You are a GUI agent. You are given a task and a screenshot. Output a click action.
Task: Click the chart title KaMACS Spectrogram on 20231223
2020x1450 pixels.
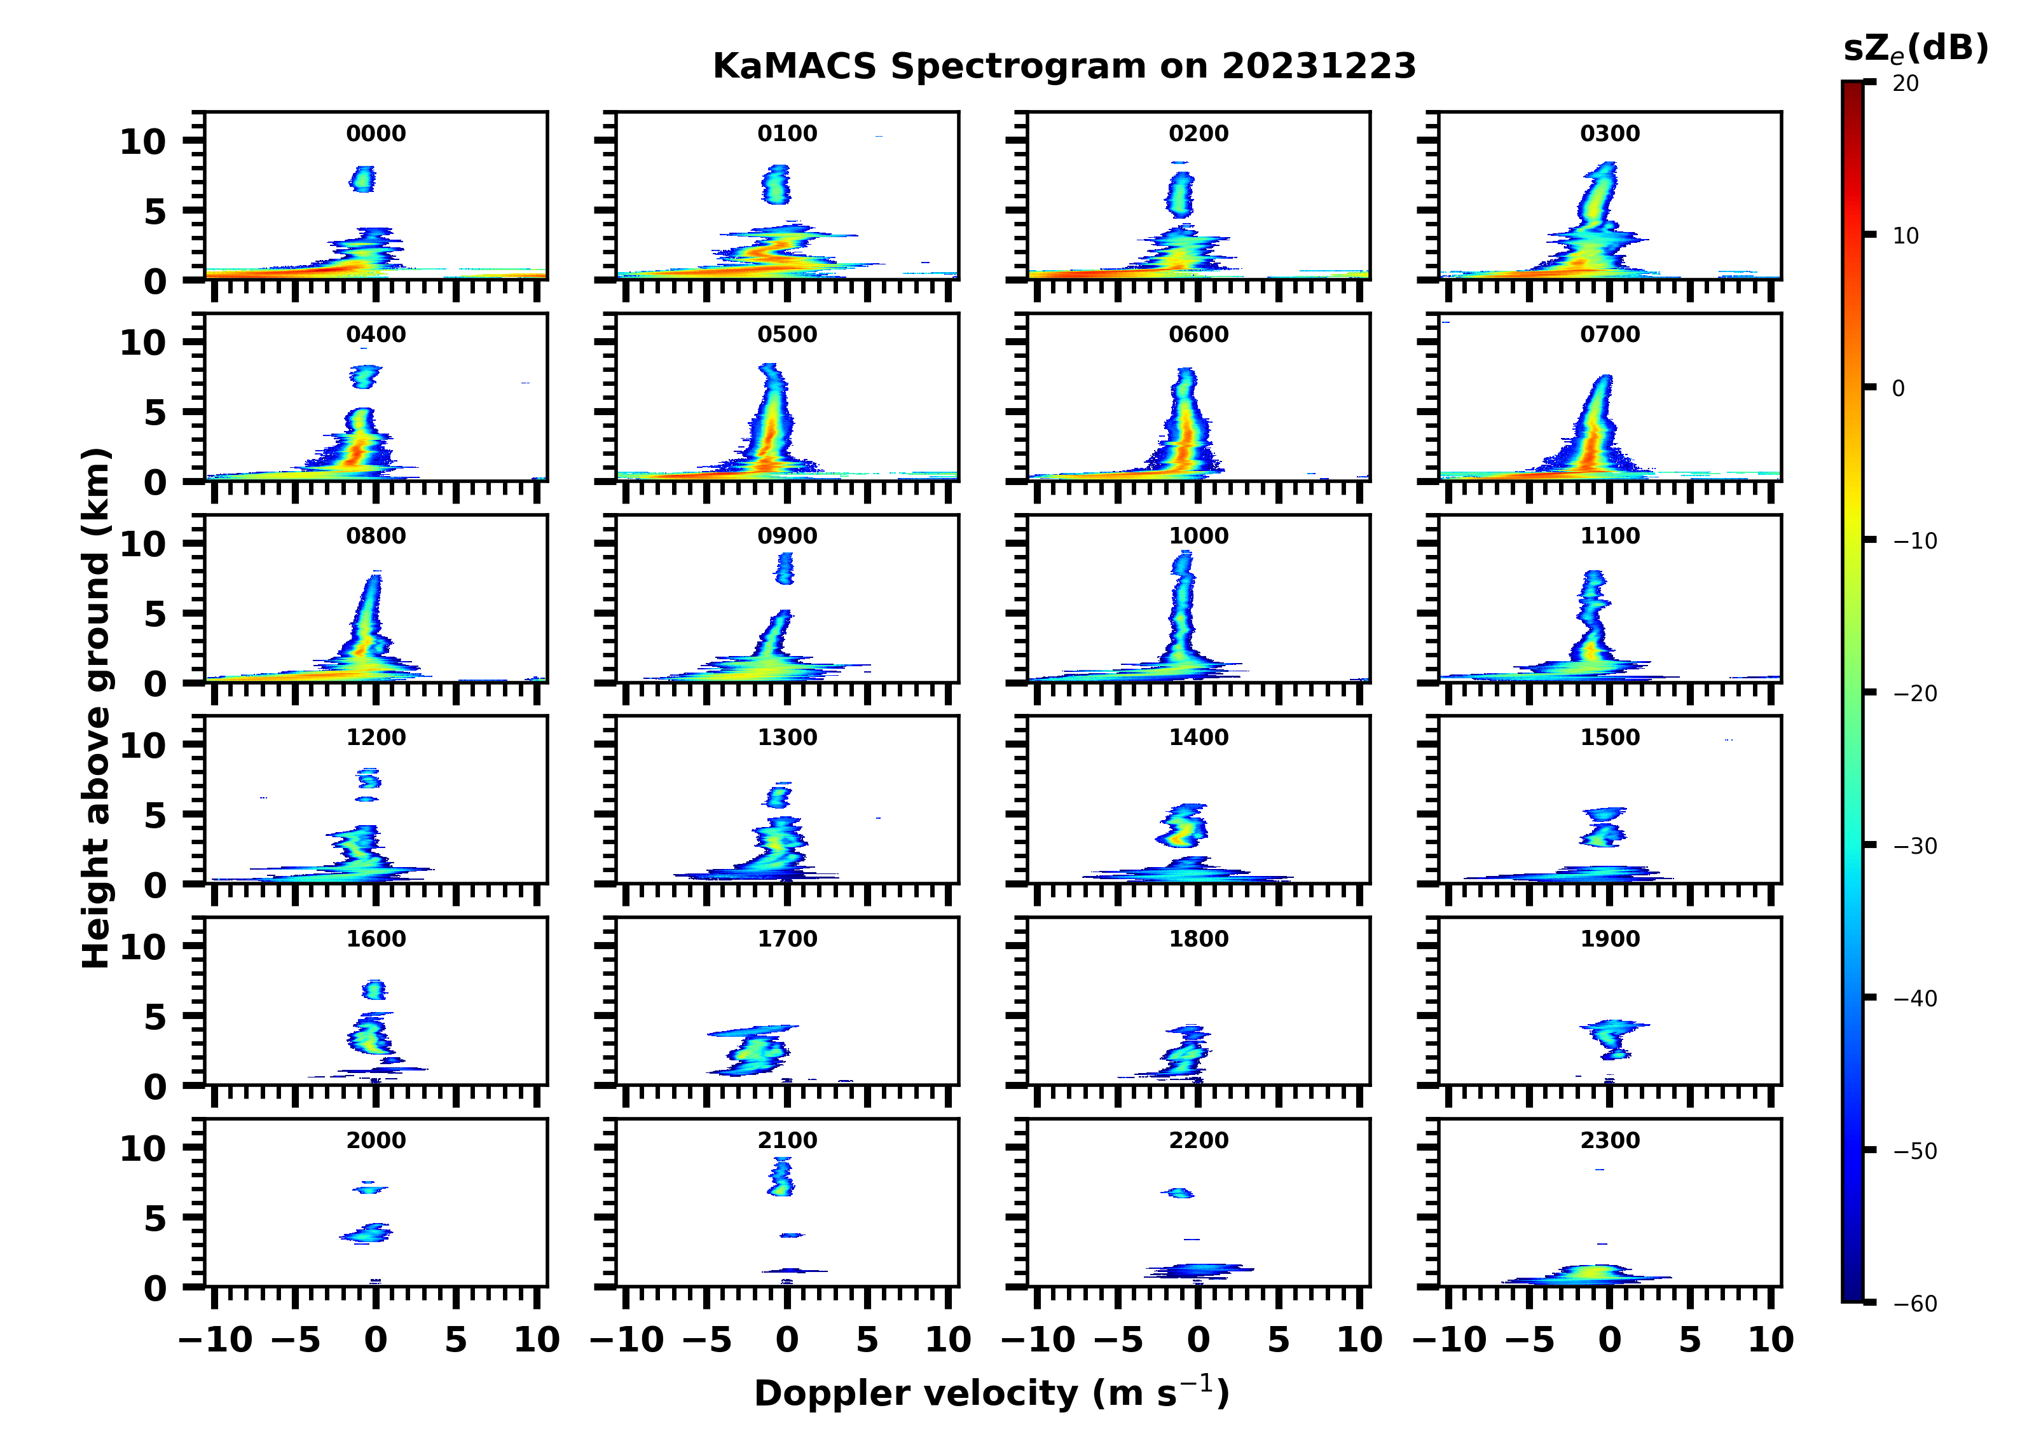click(1064, 67)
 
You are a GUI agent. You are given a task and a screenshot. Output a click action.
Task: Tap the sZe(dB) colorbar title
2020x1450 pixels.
click(1915, 48)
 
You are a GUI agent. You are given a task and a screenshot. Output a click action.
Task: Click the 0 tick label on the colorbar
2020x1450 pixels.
click(1898, 388)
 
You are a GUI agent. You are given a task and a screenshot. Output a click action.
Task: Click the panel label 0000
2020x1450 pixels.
click(376, 133)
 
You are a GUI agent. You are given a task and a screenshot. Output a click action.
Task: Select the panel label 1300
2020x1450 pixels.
click(787, 737)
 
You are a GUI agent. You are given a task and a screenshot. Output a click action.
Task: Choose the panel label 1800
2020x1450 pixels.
click(1198, 939)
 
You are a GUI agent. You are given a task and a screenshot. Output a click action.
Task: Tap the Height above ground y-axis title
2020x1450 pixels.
click(96, 708)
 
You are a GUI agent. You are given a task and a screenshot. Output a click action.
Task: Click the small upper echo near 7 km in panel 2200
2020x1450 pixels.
click(1180, 1193)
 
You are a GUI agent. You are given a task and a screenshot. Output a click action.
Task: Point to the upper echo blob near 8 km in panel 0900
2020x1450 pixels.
click(785, 568)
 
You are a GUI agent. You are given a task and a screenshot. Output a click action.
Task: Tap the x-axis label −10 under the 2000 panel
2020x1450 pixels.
click(216, 1339)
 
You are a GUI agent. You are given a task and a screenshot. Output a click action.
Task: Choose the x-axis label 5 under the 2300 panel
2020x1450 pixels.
click(1689, 1339)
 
